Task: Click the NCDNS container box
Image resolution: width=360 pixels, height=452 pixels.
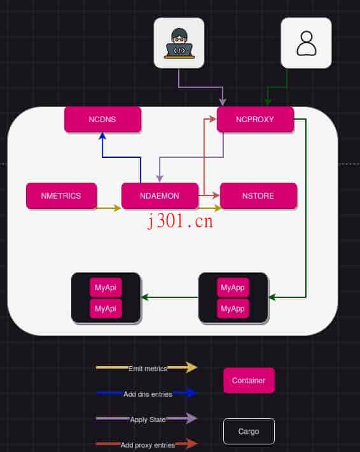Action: coord(102,119)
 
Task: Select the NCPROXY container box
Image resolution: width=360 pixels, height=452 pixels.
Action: coord(255,119)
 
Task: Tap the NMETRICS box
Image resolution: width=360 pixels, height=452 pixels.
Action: coord(61,195)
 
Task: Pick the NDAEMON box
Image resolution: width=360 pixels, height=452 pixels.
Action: coord(160,195)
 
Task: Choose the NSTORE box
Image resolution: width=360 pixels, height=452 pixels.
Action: coord(258,195)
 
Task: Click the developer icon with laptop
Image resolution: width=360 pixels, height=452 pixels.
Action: coord(179,43)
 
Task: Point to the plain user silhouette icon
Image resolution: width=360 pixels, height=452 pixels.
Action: coord(306,43)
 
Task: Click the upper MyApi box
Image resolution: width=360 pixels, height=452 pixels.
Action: coord(106,288)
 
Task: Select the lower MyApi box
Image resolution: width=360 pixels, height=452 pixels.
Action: coord(106,308)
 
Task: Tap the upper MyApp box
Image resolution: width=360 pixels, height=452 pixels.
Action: coord(233,288)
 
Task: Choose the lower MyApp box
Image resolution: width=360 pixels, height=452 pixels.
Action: coord(233,308)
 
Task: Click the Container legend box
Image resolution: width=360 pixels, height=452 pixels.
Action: coord(249,380)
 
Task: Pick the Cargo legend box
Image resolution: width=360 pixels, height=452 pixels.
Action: coord(249,431)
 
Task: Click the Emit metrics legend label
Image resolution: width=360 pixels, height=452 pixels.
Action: coord(148,369)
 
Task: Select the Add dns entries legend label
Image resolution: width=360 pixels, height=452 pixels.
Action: coord(148,394)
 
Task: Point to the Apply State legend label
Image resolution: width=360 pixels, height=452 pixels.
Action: coord(148,420)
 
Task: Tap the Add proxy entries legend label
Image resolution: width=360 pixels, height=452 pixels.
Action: coord(148,444)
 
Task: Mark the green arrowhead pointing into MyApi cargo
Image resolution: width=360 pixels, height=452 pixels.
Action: coord(145,297)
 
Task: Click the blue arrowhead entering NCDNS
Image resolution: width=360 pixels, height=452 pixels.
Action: coord(102,136)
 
